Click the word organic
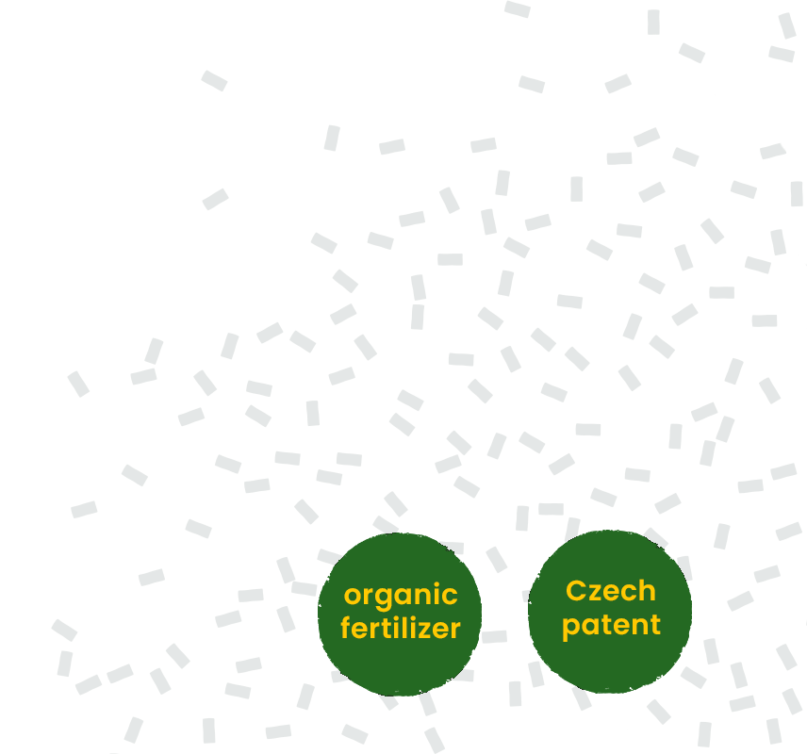(x=401, y=597)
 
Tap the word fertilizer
(x=401, y=628)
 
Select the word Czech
(x=611, y=590)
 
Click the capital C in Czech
(x=575, y=591)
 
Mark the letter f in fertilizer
(x=346, y=628)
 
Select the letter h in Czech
(x=647, y=590)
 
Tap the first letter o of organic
(x=353, y=597)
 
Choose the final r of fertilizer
(x=454, y=631)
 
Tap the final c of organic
(x=449, y=597)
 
